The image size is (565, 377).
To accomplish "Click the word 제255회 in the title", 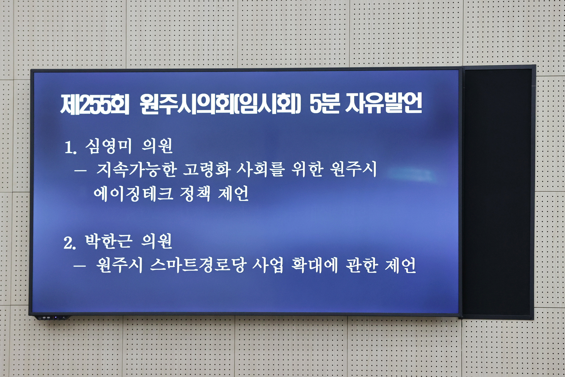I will pos(94,104).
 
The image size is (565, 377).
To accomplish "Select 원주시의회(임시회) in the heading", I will pos(220,104).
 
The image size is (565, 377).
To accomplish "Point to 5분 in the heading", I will pos(324,104).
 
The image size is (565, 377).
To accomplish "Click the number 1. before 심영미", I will pos(70,148).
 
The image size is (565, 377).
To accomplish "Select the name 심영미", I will pos(109,146).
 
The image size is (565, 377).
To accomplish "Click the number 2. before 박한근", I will pos(69,243).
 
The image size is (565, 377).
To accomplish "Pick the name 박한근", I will pos(108,242).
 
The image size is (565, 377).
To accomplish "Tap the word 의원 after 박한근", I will pos(157,242).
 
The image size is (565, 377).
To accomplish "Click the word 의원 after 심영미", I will pos(157,146).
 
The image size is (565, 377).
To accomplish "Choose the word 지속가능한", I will pos(137,170).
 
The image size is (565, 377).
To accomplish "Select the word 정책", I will pos(195,194).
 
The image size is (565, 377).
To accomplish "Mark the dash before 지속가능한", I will pos(80,171).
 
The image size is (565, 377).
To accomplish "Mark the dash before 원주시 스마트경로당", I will pos(80,266).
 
